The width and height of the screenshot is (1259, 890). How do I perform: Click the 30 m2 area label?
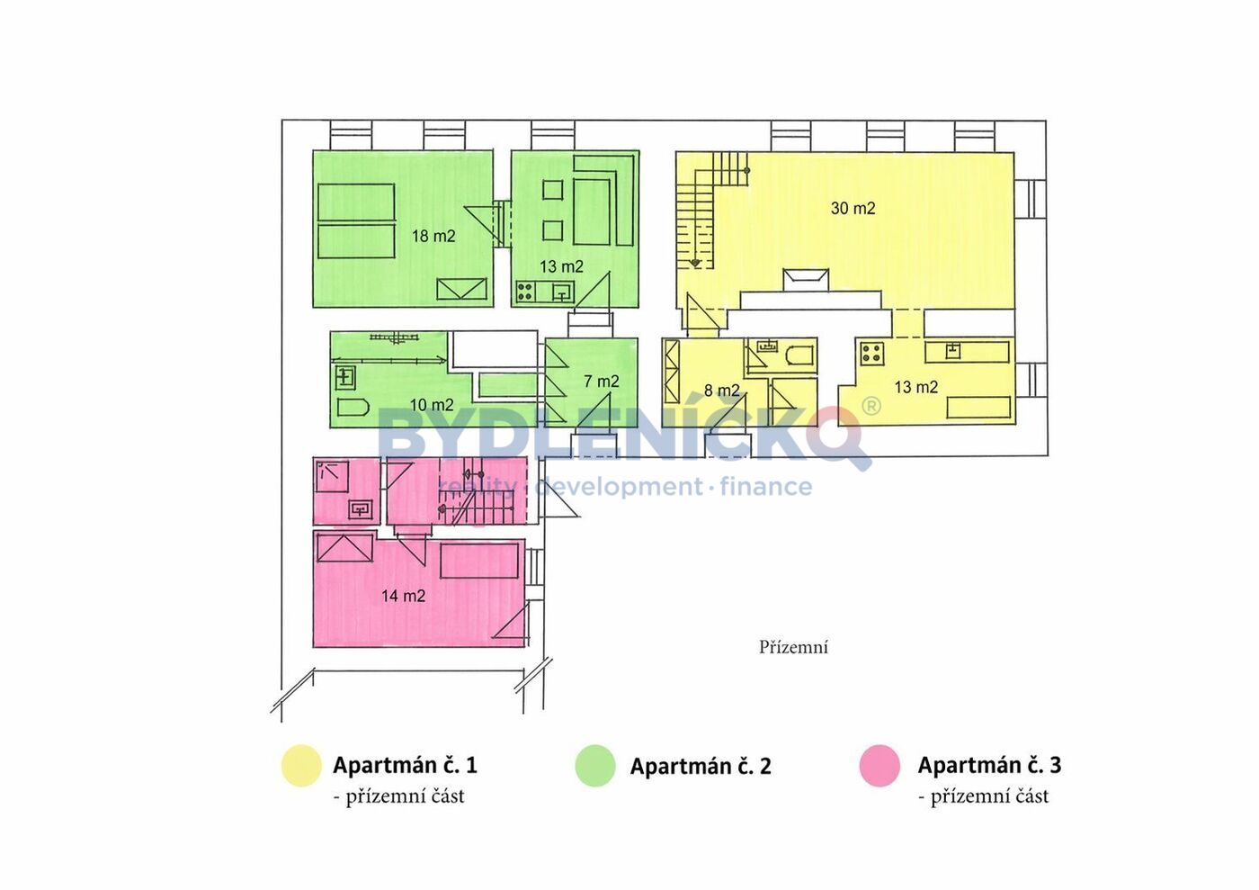point(853,209)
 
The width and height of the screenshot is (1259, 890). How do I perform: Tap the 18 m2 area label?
point(433,237)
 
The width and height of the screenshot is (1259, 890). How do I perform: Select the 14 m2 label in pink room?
point(403,596)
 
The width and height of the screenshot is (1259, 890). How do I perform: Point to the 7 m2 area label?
point(602,382)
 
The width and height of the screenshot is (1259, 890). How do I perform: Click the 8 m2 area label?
point(721,390)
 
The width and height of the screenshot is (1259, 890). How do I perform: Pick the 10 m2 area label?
point(432,405)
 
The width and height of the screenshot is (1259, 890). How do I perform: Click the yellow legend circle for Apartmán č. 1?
point(301,766)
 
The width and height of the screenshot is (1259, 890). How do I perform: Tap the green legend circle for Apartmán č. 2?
point(595,766)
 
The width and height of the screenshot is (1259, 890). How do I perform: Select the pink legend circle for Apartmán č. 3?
point(880,766)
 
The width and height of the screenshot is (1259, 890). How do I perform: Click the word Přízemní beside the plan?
point(793,648)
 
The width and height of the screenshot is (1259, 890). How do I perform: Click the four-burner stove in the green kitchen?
point(525,292)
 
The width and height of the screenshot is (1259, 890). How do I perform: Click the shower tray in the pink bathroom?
point(332,477)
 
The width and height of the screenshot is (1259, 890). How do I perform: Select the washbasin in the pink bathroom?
point(360,509)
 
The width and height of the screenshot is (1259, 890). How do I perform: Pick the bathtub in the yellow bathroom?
point(797,357)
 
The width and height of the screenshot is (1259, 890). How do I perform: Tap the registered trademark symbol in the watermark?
point(871,406)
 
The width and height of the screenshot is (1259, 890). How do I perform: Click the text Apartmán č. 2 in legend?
point(701,766)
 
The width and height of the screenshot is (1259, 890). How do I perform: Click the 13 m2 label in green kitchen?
point(561,266)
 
